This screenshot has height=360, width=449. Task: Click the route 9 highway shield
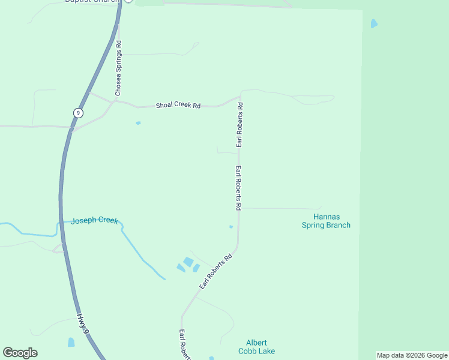click(x=78, y=113)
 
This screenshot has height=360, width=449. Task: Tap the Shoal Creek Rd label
click(x=178, y=105)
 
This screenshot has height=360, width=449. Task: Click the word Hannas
click(x=326, y=217)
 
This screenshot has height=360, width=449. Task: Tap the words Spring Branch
click(x=326, y=225)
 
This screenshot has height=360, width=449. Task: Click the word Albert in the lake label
click(x=256, y=343)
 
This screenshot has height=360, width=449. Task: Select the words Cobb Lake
click(x=256, y=351)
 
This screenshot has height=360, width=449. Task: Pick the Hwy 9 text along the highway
click(x=83, y=323)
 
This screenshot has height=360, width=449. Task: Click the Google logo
click(x=20, y=353)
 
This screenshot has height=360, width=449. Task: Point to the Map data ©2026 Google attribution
click(x=412, y=355)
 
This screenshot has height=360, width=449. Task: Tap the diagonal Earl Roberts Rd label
click(x=215, y=272)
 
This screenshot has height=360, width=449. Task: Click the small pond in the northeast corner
click(x=375, y=24)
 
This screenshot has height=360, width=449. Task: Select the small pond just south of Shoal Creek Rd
click(x=138, y=123)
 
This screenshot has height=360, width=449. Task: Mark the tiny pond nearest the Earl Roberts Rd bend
click(x=231, y=227)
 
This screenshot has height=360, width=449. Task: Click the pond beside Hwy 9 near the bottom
click(x=71, y=342)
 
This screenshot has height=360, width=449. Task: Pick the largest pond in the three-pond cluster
click(x=188, y=262)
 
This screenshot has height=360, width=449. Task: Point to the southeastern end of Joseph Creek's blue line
click(x=164, y=278)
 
